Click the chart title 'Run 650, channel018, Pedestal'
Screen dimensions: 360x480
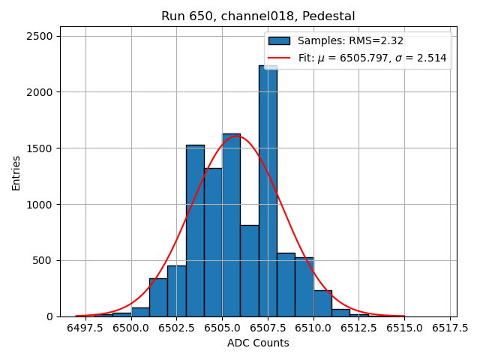pyautogui.click(x=258, y=16)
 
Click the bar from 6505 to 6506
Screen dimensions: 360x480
pyautogui.click(x=231, y=225)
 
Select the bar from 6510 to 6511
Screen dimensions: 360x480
pyautogui.click(x=322, y=304)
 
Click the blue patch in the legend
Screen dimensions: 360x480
pyautogui.click(x=279, y=40)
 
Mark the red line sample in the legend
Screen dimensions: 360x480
pyautogui.click(x=279, y=58)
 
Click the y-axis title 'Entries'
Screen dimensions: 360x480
pyautogui.click(x=16, y=173)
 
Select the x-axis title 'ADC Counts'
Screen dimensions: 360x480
pyautogui.click(x=258, y=343)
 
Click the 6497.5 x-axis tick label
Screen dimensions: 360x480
pyautogui.click(x=85, y=328)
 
